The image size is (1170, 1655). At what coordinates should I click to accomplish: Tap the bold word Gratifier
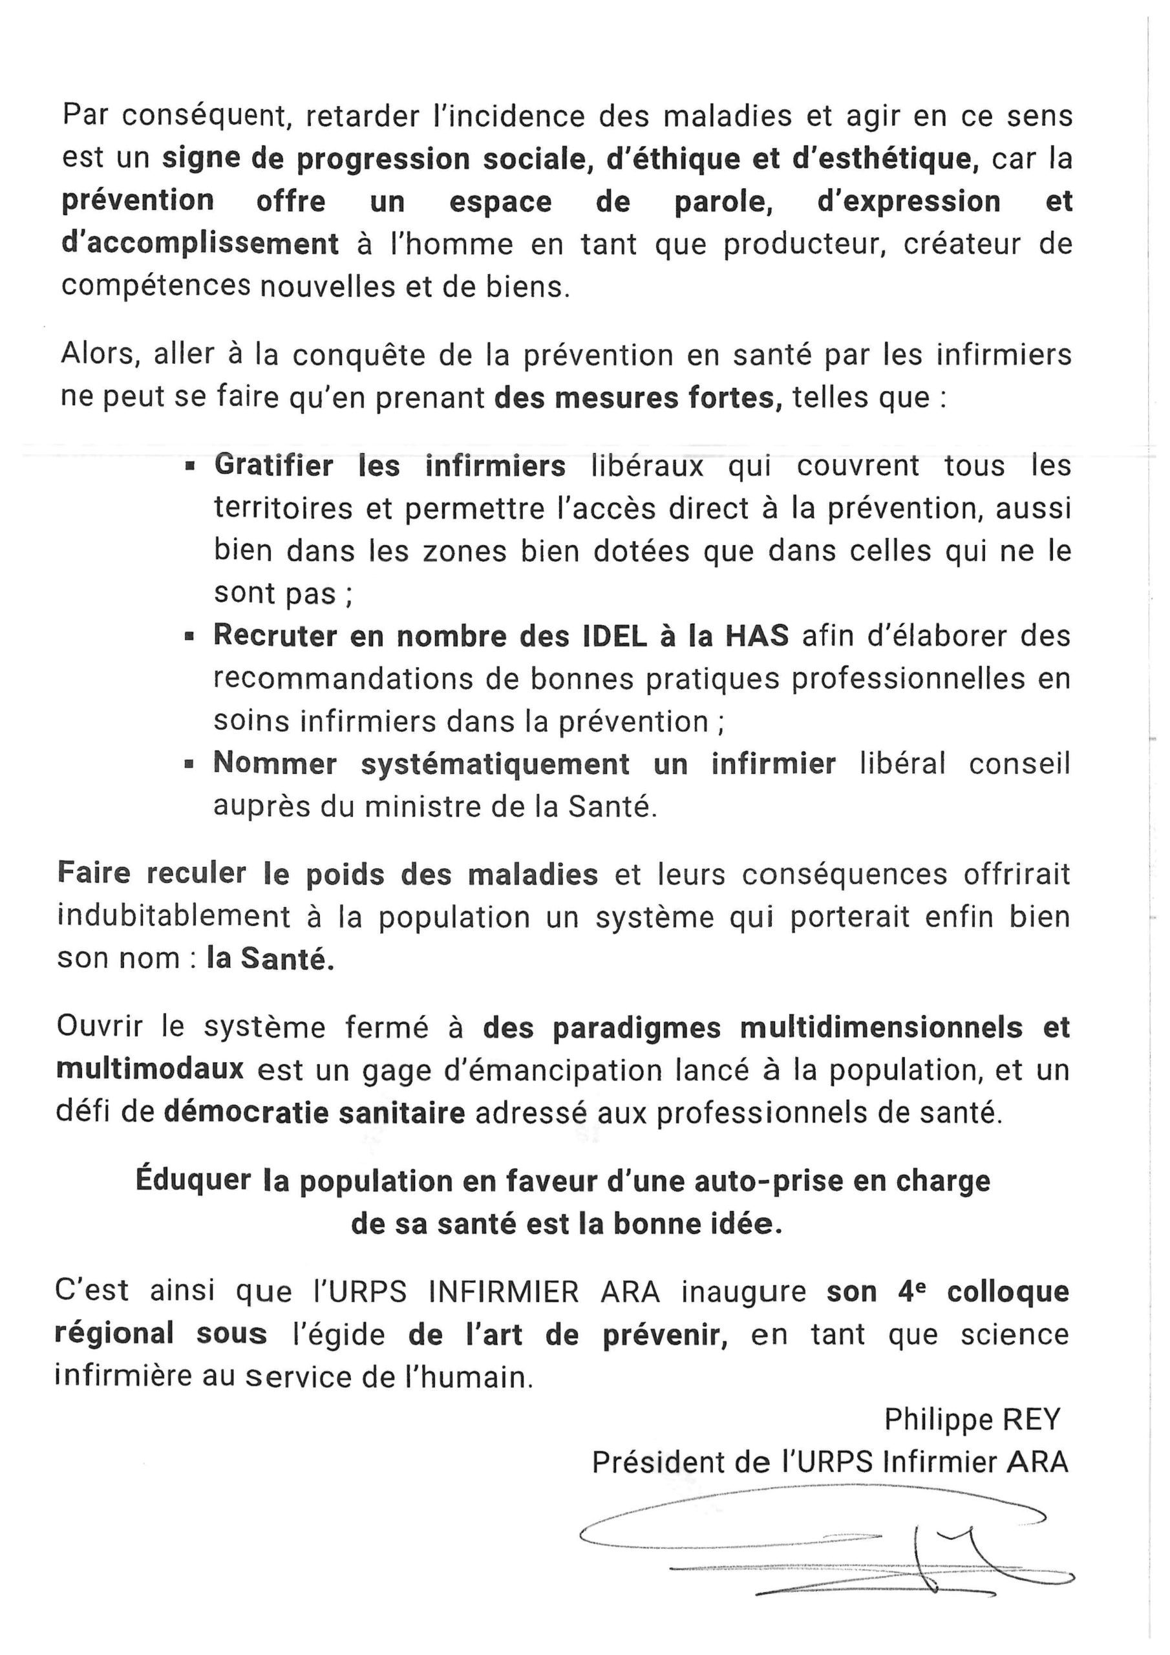tap(273, 465)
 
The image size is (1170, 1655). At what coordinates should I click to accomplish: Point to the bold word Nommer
tap(275, 764)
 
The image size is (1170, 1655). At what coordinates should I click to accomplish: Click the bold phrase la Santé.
tap(270, 959)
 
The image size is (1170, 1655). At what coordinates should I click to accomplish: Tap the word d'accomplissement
tap(200, 244)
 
